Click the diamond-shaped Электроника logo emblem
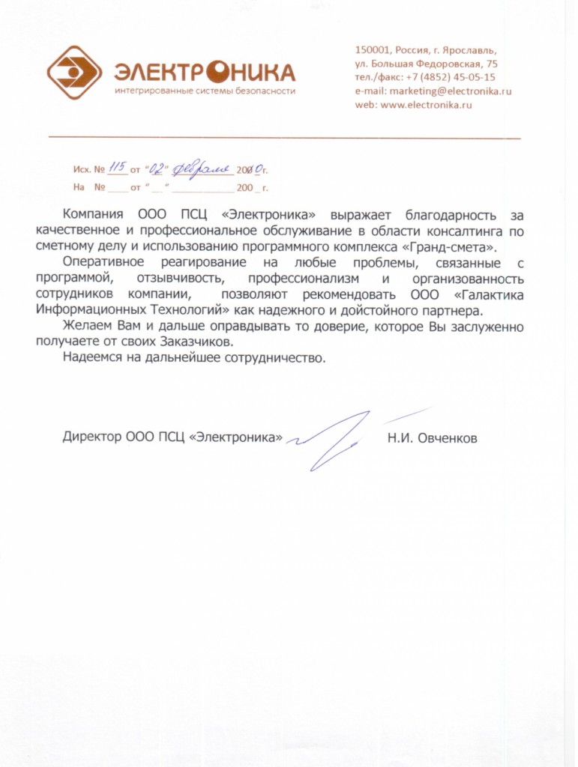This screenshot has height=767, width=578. point(74,72)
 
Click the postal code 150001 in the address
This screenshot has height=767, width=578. point(373,50)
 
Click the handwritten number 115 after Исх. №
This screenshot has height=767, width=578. point(116,168)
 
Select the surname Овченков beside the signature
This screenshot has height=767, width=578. point(448,438)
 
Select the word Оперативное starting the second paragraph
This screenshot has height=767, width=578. point(103,263)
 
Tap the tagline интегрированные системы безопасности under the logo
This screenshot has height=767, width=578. point(205,91)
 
